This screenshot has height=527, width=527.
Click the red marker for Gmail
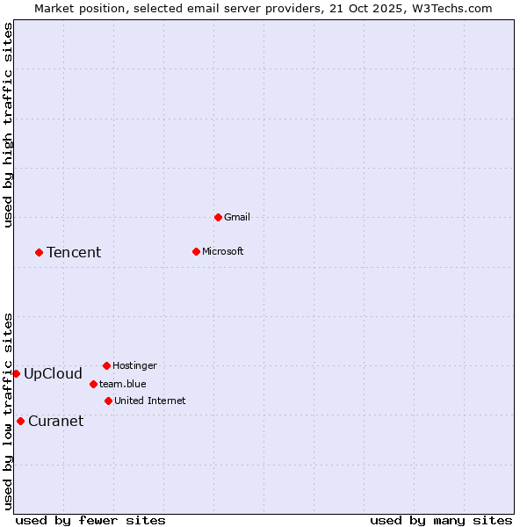click(218, 217)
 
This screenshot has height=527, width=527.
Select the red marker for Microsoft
click(196, 251)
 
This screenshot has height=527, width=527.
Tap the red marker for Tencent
click(39, 252)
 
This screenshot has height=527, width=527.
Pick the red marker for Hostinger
click(106, 365)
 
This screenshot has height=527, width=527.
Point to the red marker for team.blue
click(93, 384)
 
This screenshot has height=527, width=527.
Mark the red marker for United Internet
click(108, 401)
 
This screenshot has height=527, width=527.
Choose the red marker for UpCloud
click(16, 373)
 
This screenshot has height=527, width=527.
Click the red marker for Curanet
click(20, 421)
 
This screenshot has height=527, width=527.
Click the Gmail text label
click(237, 217)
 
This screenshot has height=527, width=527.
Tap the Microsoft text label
click(223, 251)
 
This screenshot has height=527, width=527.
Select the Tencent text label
click(74, 252)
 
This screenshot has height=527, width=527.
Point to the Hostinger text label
click(134, 365)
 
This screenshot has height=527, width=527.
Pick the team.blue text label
click(122, 384)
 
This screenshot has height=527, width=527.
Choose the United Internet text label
click(149, 401)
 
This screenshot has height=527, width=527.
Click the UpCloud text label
click(53, 373)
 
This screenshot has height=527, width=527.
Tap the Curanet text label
click(55, 421)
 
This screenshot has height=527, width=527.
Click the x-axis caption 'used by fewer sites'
click(90, 520)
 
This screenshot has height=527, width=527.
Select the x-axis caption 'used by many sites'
click(440, 520)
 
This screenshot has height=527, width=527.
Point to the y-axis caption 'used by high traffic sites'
click(8, 125)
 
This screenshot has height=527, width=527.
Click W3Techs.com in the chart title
click(450, 8)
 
